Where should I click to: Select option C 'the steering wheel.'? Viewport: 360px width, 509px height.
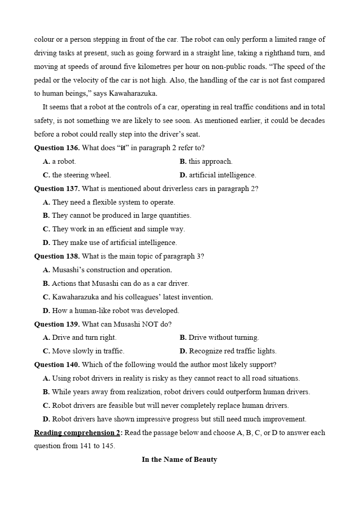point(77,175)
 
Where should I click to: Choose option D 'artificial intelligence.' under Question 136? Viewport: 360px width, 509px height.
point(218,175)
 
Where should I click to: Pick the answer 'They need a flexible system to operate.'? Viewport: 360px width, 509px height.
point(109,202)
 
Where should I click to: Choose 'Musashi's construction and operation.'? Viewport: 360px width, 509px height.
point(107,270)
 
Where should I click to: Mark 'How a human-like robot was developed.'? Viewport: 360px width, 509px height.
point(111,311)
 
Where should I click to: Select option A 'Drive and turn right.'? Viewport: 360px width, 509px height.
point(80,338)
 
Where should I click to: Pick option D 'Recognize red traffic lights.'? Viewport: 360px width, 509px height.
point(228,351)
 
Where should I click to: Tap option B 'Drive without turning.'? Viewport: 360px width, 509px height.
point(219,338)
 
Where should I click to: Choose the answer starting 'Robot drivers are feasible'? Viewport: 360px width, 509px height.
point(166,406)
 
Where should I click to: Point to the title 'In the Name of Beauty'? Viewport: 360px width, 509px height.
point(180,460)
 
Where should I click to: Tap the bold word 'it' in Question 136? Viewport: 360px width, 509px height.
point(122,148)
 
